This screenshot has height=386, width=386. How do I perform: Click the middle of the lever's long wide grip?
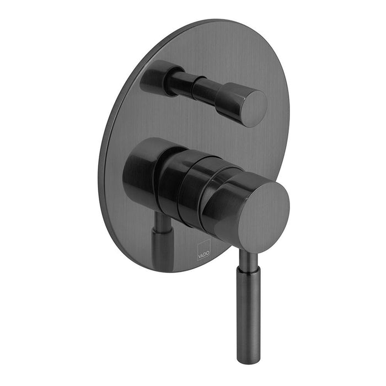[248, 314]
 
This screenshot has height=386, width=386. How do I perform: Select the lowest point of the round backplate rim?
[165, 271]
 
